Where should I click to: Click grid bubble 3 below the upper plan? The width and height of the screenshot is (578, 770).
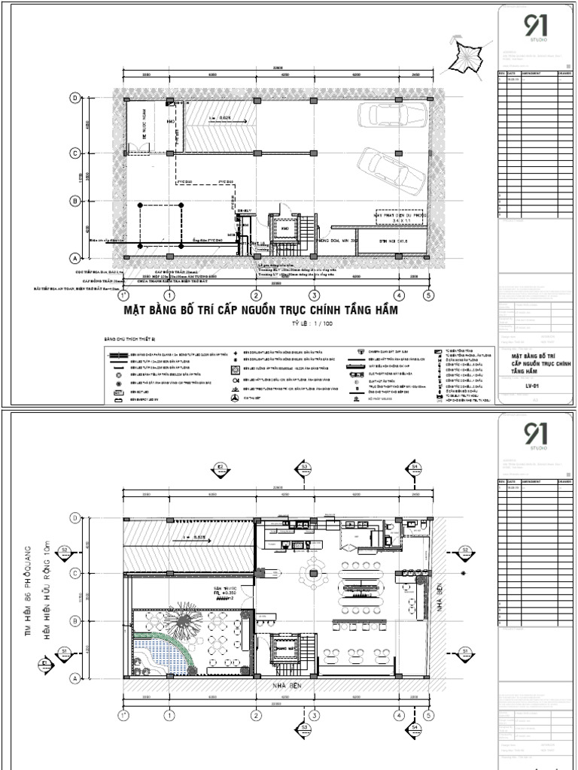[314, 296]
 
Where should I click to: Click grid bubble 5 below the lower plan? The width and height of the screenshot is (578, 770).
[428, 715]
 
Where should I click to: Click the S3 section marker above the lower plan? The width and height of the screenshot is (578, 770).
[305, 467]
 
